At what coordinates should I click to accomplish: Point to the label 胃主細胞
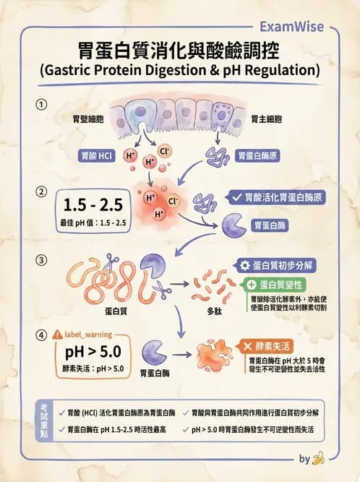click(265, 119)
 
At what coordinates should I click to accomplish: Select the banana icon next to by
click(319, 458)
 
